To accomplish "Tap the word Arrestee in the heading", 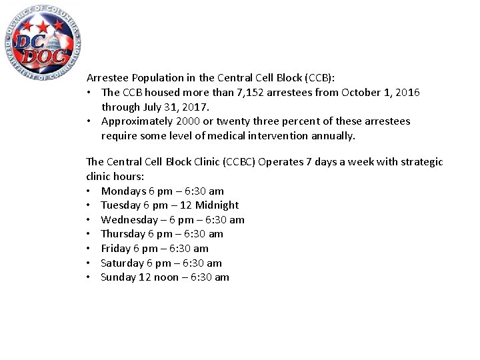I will click(x=107, y=78).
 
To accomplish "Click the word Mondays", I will click(x=123, y=191).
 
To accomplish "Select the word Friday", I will click(x=115, y=249).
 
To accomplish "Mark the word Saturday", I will click(x=121, y=263).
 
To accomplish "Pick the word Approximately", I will click(x=137, y=121).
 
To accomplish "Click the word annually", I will click(x=332, y=136).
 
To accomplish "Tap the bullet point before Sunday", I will click(x=89, y=277).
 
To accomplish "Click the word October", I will click(x=363, y=93).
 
